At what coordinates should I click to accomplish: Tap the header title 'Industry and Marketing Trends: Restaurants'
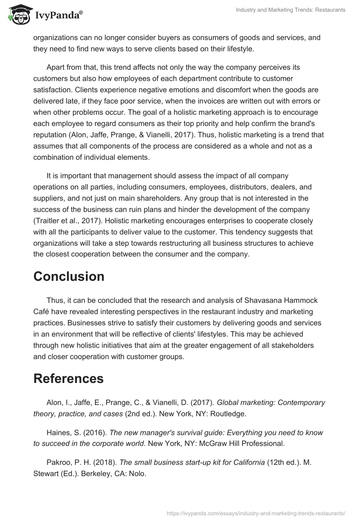[291, 10]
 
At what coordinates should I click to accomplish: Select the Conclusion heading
[69, 276]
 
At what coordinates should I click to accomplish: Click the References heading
[68, 378]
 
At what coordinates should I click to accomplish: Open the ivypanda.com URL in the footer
[256, 513]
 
